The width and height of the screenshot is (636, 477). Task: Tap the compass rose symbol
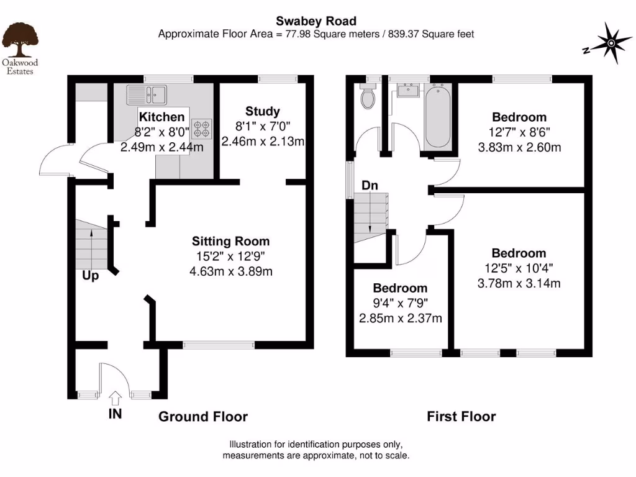click(x=610, y=43)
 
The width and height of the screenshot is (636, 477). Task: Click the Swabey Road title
click(x=317, y=22)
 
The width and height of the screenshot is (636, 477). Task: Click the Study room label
click(x=263, y=111)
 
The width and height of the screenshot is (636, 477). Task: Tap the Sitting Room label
click(x=231, y=241)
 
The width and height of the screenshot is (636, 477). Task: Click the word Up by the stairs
click(x=91, y=276)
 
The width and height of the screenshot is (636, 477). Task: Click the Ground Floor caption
click(x=203, y=417)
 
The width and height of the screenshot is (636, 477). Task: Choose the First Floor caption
click(x=461, y=417)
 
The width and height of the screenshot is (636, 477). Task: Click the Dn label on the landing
click(x=370, y=186)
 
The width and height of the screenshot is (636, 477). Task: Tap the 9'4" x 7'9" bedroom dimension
click(x=400, y=303)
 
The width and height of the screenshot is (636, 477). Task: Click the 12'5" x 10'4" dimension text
click(x=519, y=268)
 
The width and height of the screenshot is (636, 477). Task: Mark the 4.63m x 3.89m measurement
click(x=231, y=271)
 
